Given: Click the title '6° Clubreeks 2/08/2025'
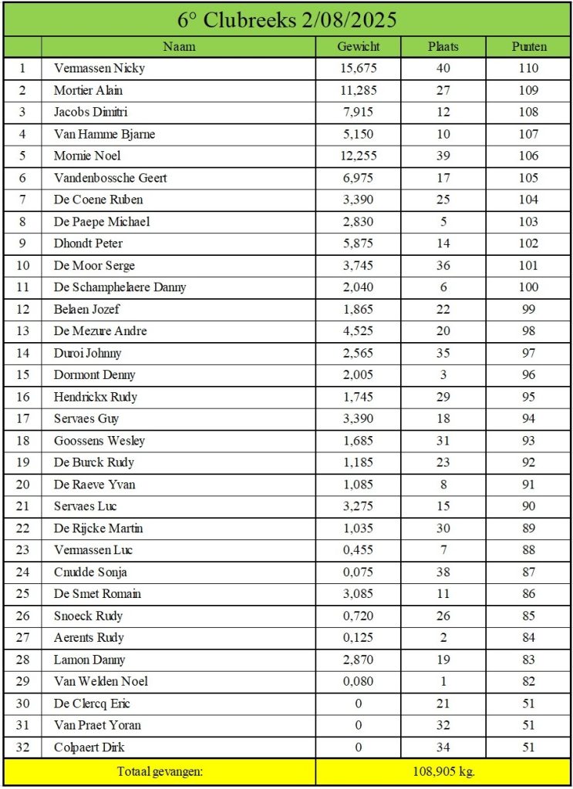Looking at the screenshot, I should pos(286,19).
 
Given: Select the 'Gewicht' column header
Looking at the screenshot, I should pos(359,46).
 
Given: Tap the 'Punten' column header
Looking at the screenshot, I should pos(529,46).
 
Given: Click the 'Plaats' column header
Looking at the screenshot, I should pos(443,46).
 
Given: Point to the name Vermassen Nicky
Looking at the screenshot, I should pos(99,68).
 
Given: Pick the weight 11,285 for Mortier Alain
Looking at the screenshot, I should pos(359,90).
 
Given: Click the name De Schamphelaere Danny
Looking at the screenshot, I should pos(120,287).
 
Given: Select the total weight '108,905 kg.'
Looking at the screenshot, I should pos(443,771).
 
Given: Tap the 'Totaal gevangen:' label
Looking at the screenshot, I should pos(160,771).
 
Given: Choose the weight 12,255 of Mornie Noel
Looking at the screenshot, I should pos(359,156).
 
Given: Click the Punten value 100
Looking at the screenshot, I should pos(529,287).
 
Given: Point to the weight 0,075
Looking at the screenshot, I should pos(359,572).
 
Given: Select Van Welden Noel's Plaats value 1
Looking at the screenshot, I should pos(443,681).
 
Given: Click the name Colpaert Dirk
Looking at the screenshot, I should pos(89,747).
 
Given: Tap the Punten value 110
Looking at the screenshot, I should pos(529,68).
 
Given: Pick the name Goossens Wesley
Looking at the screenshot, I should pos(99,441).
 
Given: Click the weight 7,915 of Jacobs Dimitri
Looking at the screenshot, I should pos(359,112).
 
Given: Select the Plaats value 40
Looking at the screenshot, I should pos(443,68).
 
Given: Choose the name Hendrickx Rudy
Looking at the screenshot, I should pos(96,397).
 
